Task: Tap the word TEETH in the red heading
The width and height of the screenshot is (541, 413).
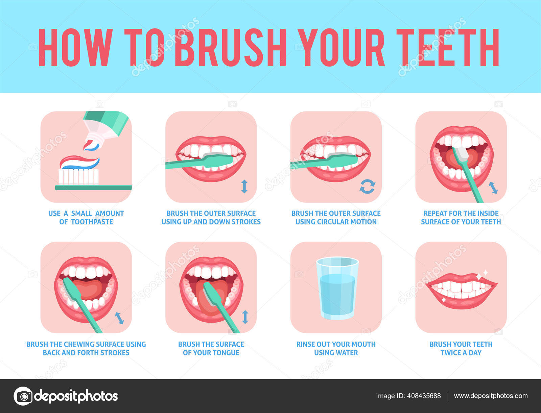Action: pos(448,47)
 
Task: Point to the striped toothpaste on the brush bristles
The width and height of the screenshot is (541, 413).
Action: pos(79,162)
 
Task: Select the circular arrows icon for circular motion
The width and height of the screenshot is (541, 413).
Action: pos(367,187)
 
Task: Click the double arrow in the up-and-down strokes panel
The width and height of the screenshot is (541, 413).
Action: pos(244,187)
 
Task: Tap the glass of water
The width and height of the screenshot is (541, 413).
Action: pos(337,288)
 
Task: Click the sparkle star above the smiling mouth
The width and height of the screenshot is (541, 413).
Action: pos(485,273)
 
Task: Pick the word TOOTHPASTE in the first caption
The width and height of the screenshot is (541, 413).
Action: pos(92,222)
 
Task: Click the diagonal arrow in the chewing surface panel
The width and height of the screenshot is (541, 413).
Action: pos(119,318)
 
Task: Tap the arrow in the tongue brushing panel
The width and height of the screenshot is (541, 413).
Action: pos(245,317)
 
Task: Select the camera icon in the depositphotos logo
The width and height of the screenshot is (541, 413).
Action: pos(23,396)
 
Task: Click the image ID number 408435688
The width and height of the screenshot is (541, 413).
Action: pos(424,396)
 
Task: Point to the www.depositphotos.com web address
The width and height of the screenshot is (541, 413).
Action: pos(491,396)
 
